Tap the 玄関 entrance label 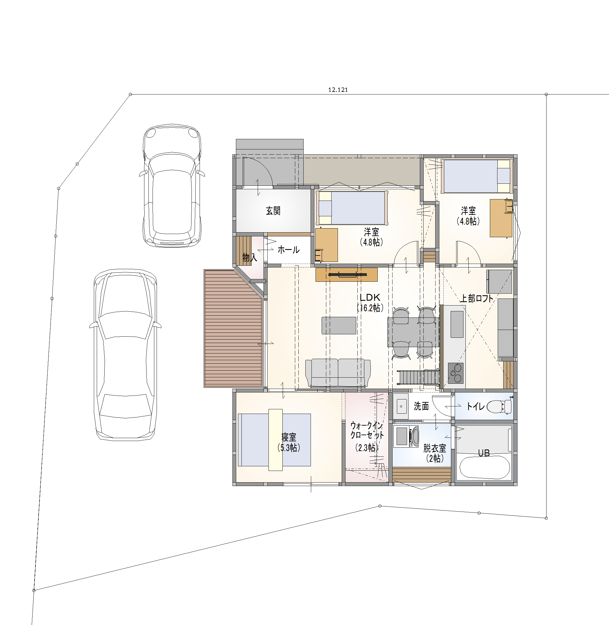273,210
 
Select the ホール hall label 289,250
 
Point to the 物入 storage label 250,257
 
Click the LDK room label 370,297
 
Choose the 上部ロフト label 477,299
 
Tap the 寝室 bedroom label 289,437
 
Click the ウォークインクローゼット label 367,430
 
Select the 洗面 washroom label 421,406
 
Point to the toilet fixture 499,406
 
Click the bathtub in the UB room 485,468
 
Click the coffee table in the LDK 339,326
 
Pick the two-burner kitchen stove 456,373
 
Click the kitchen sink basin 457,324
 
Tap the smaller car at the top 172,186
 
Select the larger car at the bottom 125,355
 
